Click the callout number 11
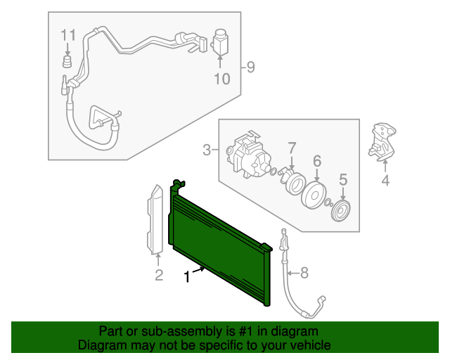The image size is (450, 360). tap(67, 35)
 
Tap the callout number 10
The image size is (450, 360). tap(221, 79)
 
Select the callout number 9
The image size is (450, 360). tap(250, 67)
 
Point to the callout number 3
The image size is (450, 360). tap(207, 149)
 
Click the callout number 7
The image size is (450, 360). tap(291, 148)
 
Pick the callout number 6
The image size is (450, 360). tap(317, 162)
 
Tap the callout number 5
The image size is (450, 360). tap(343, 181)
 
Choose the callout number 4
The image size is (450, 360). tap(385, 182)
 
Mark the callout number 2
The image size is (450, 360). tap(158, 274)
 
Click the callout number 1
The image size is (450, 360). tap(187, 277)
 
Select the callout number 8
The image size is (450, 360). tap(304, 272)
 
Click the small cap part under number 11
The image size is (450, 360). tap(67, 63)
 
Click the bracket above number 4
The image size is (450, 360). tap(381, 140)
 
